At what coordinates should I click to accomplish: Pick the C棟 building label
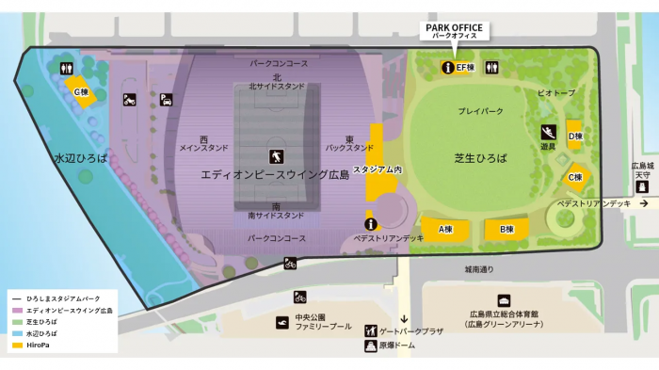click(575, 176)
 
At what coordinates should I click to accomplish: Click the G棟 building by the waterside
click(82, 92)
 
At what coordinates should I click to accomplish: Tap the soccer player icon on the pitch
click(275, 155)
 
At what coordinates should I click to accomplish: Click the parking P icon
click(165, 99)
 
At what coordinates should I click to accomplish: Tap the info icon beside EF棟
click(447, 68)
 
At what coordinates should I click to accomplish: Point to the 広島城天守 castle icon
click(644, 185)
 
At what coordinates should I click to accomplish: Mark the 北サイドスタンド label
click(276, 87)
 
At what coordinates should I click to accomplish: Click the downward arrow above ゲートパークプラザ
click(404, 318)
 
